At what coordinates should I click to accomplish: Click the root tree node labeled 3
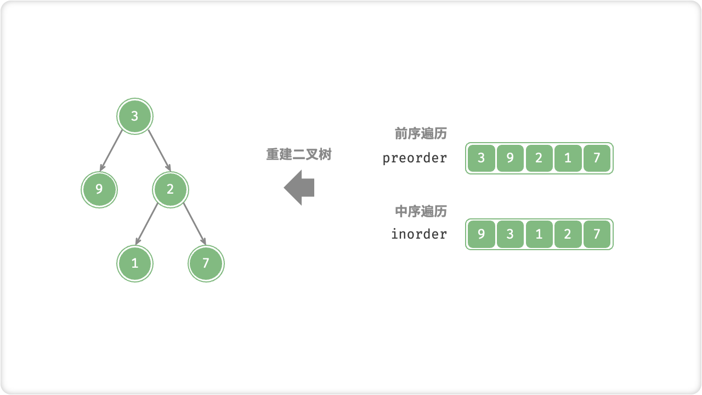135,116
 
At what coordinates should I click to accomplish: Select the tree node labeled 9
99,189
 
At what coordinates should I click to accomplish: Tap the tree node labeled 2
170,189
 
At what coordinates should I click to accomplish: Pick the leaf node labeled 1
135,263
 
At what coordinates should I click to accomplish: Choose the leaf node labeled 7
206,263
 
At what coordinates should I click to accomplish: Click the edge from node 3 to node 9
112,150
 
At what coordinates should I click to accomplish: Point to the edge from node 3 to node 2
159,150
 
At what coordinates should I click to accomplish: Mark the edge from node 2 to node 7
194,224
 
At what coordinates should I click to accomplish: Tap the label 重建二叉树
299,155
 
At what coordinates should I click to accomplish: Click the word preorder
415,158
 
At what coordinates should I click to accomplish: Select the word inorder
419,234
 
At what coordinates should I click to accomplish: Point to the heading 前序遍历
421,134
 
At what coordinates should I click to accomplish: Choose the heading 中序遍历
421,211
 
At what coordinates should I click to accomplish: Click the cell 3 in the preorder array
482,158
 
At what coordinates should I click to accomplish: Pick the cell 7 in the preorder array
597,158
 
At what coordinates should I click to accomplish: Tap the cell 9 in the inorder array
482,234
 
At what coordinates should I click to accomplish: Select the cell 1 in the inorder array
539,234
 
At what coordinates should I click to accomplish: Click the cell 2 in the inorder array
568,234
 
